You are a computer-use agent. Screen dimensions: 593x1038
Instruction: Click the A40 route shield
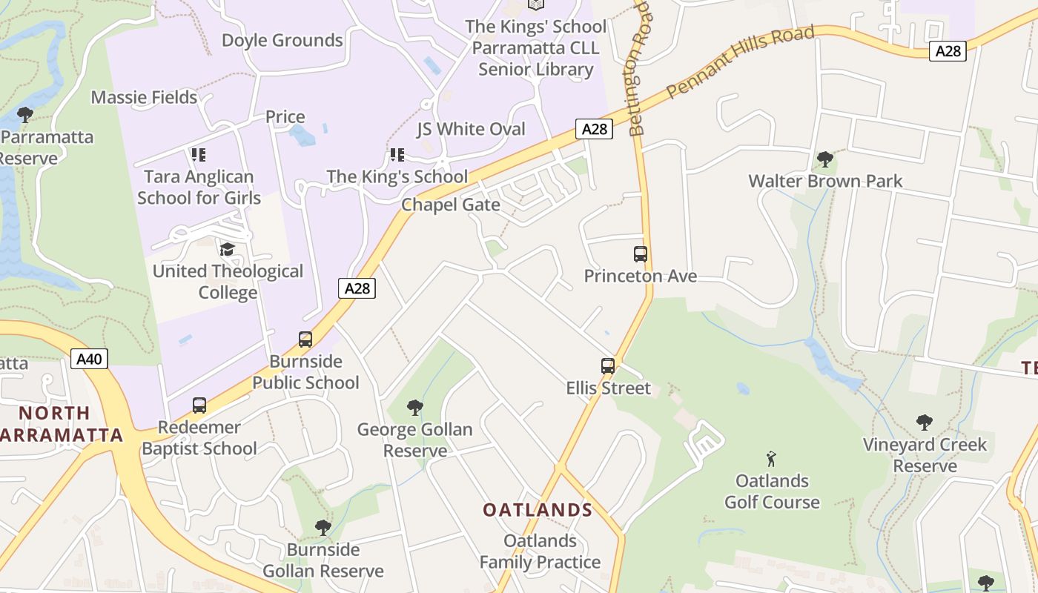(x=90, y=360)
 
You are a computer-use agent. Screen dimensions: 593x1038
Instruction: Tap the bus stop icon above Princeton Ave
(x=641, y=254)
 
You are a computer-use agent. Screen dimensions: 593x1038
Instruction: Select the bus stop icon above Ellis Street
(x=608, y=365)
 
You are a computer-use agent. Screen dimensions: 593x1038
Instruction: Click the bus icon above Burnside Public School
(x=305, y=339)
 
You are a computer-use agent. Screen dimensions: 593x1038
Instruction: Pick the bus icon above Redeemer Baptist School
(x=199, y=405)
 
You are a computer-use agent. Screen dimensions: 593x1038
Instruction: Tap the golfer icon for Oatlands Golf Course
(x=771, y=459)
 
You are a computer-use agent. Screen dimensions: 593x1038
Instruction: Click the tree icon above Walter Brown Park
(x=824, y=159)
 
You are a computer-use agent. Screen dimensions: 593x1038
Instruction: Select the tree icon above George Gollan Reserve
(x=415, y=408)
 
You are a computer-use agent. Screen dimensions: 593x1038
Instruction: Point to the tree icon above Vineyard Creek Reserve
(x=924, y=423)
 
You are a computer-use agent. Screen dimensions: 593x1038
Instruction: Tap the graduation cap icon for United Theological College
(x=227, y=249)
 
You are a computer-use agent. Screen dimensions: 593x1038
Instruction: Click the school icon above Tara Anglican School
(x=198, y=155)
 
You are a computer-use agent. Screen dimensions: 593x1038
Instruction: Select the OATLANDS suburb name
(x=538, y=510)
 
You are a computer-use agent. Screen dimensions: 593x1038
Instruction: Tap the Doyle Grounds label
(x=282, y=40)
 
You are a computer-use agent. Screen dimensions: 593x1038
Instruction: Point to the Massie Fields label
(x=144, y=97)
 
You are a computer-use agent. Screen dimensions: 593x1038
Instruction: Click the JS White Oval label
(x=471, y=129)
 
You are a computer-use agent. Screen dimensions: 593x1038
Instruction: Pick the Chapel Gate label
(x=451, y=205)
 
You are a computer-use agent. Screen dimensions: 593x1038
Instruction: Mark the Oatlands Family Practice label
(x=540, y=551)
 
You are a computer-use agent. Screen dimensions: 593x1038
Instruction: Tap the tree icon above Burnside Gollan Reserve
(x=323, y=528)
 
